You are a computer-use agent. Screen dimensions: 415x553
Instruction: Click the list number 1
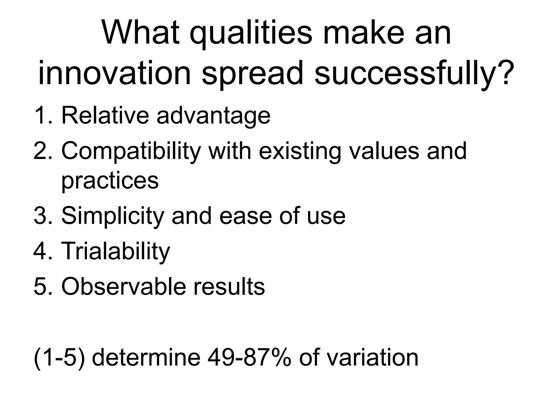click(42, 116)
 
